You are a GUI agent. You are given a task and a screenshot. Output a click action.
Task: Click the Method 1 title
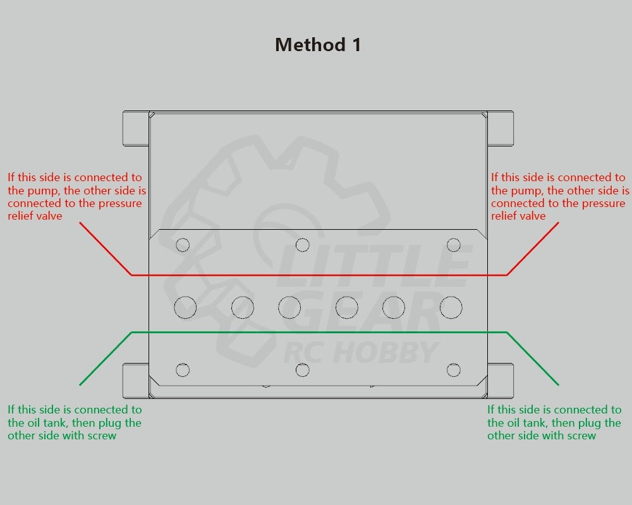pos(318,45)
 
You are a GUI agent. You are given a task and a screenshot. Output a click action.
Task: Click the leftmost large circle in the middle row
pos(185,307)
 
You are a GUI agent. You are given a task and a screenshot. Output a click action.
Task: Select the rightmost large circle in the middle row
pos(451,307)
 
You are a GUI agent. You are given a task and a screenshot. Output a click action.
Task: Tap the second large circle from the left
pos(243,307)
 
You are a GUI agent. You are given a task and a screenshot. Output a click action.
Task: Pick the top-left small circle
pos(183,245)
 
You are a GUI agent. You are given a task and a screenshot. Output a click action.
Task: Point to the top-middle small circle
pos(302,245)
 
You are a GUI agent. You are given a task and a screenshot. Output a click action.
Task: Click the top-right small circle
pos(453,245)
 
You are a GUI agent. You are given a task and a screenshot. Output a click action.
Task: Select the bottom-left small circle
pos(183,370)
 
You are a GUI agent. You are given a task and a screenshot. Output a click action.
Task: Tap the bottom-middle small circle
pos(302,370)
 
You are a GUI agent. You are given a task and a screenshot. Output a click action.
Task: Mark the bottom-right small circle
pos(453,370)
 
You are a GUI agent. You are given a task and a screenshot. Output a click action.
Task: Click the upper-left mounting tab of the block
pos(136,128)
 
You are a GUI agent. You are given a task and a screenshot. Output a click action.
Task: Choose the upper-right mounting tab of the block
pos(500,128)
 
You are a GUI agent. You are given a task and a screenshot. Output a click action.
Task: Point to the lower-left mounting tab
pos(136,381)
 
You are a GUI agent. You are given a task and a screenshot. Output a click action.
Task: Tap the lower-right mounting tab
pos(500,381)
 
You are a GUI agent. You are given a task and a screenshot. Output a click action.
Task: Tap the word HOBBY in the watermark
pos(386,352)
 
